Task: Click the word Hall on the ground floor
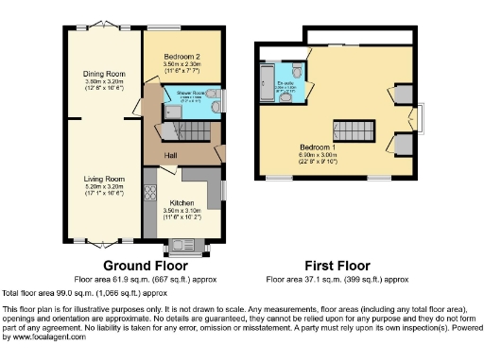click(171, 155)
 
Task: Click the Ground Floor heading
click(142, 266)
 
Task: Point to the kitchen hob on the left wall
click(148, 194)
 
